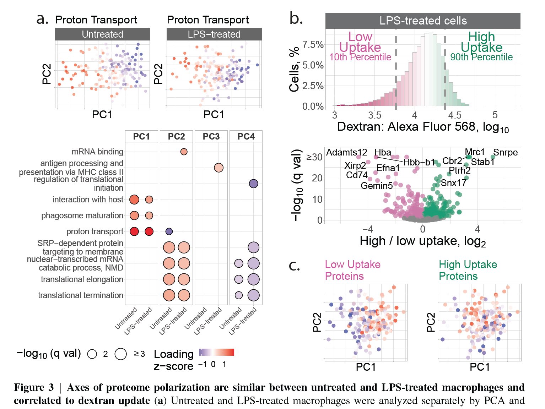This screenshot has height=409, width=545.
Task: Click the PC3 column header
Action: point(211,137)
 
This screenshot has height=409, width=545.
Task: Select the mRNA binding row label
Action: point(97,152)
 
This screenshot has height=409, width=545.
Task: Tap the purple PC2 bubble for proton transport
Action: point(169,231)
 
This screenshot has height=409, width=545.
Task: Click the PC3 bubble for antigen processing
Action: point(218,168)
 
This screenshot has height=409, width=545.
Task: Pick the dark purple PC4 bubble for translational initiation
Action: point(253,184)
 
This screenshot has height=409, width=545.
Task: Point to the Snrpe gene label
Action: point(505,153)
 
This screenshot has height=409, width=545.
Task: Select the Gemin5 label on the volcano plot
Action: point(376,186)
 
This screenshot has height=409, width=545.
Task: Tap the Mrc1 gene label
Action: point(475,152)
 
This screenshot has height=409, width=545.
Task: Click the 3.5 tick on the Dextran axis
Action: point(374,115)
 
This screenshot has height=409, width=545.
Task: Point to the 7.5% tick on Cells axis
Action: point(313,45)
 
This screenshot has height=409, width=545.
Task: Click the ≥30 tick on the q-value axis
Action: point(314,157)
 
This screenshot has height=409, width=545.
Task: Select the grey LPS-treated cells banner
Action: point(423,21)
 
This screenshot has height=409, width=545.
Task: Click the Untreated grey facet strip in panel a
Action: point(102,34)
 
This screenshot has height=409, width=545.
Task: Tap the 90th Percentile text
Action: point(481,57)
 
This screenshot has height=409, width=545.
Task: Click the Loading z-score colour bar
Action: point(217,352)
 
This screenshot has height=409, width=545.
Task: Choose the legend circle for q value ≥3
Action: point(121,354)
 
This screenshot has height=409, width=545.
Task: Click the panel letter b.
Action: point(296,18)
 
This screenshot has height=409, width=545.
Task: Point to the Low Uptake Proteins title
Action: point(352,270)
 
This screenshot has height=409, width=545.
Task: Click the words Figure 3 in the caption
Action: point(34,387)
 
